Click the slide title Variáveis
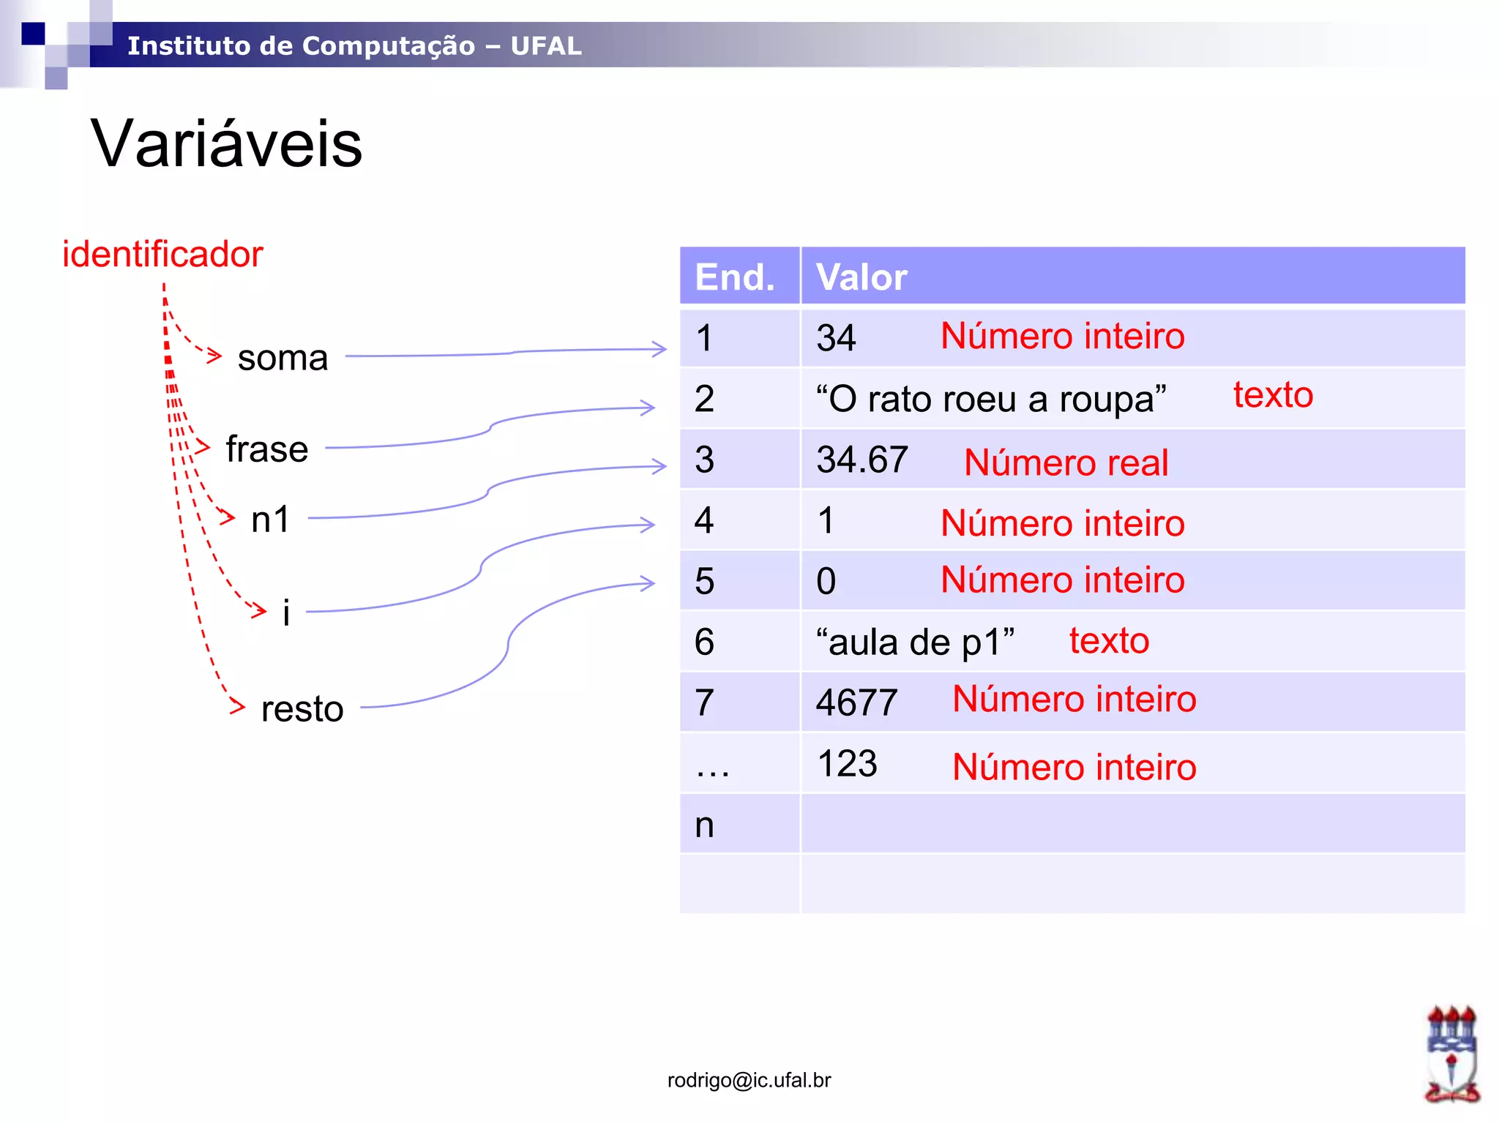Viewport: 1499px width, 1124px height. [226, 143]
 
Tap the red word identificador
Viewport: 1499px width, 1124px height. [162, 255]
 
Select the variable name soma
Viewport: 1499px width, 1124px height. [283, 358]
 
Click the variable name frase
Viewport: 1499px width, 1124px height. [267, 449]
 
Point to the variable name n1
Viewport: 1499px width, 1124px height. [271, 520]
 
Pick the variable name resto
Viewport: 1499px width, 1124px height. [302, 708]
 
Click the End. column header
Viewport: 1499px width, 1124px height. [735, 277]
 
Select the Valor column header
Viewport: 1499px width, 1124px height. [861, 277]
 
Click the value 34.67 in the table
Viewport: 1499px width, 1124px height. [862, 460]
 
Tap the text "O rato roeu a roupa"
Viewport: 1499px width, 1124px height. [991, 400]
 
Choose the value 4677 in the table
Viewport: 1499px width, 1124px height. [856, 702]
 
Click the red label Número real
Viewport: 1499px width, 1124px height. [1066, 463]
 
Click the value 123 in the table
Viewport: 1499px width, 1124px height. [847, 764]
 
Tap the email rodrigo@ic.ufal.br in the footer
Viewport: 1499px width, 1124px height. [749, 1080]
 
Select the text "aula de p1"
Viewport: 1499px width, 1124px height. [915, 642]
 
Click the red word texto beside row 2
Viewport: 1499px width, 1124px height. [1273, 395]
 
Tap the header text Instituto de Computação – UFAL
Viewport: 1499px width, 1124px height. [354, 45]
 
